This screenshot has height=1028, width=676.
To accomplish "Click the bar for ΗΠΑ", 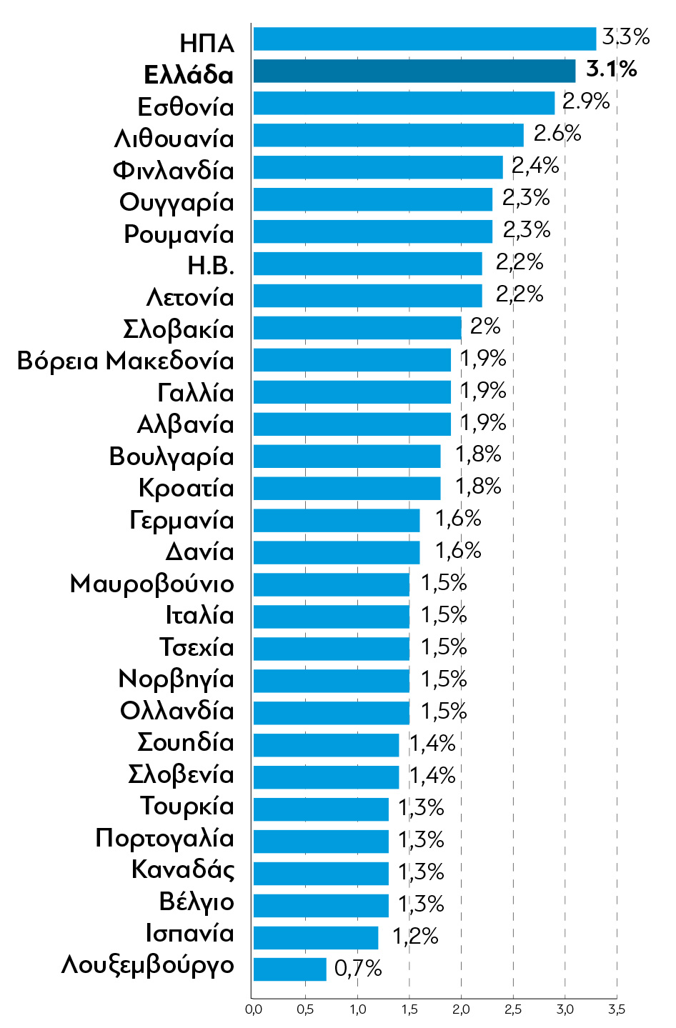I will click(x=424, y=39).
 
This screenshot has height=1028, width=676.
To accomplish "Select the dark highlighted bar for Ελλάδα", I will click(x=414, y=71).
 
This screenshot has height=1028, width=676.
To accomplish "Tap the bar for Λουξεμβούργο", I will click(x=289, y=969).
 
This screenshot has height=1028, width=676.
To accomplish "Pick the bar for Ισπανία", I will click(x=315, y=937).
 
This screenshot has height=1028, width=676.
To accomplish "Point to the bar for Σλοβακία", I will click(x=357, y=328).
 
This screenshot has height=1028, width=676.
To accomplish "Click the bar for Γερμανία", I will click(x=337, y=521).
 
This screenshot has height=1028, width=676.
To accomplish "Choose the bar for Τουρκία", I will click(x=321, y=809).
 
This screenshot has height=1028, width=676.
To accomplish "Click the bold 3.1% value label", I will click(x=611, y=69).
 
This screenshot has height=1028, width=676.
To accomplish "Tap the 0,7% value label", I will click(x=358, y=969).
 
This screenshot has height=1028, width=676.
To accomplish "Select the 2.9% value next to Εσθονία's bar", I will click(x=586, y=101).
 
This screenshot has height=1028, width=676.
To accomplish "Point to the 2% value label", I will click(x=485, y=326).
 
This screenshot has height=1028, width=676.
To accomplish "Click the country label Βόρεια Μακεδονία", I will click(x=126, y=361).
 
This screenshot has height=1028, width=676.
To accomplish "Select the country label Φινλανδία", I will click(x=174, y=171).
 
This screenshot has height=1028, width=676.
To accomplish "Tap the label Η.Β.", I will click(x=211, y=266).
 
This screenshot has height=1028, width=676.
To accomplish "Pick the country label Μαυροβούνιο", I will click(x=152, y=584).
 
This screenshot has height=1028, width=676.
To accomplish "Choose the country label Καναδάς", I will click(x=183, y=870).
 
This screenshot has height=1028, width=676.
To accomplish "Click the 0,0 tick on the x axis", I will click(x=253, y=1009).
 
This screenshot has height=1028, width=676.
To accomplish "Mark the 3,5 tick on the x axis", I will click(x=616, y=1009).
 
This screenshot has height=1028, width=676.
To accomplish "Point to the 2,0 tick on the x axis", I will click(x=461, y=1009).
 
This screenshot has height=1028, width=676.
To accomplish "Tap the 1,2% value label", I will click(x=415, y=936).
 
